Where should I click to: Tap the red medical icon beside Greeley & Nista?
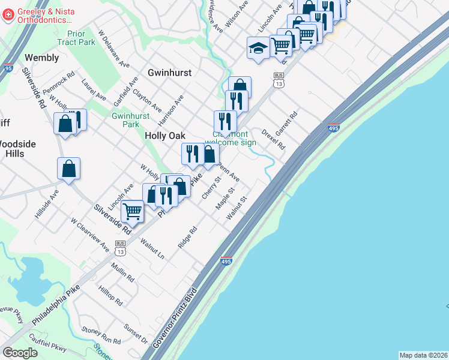click(x=8, y=15)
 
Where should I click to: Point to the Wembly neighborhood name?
click(x=41, y=58)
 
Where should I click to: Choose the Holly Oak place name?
click(x=164, y=136)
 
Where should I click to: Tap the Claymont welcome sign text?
click(x=232, y=139)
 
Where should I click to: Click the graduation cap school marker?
click(x=258, y=48)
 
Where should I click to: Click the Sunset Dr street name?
click(x=136, y=334)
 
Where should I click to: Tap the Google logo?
click(x=20, y=353)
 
